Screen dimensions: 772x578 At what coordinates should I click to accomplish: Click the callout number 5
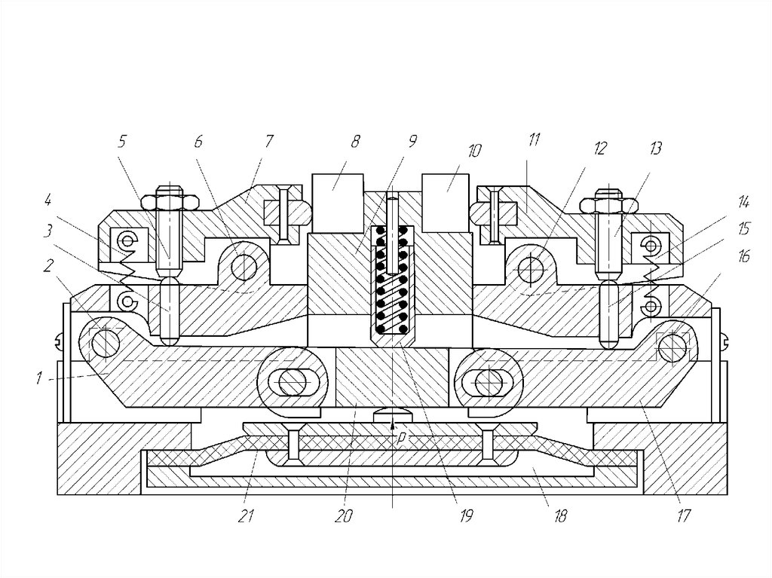pyautogui.click(x=122, y=142)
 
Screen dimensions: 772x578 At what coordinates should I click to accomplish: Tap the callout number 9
pyautogui.click(x=412, y=142)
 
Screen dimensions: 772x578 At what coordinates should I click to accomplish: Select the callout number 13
pyautogui.click(x=655, y=148)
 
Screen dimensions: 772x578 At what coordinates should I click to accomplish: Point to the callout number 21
pyautogui.click(x=247, y=516)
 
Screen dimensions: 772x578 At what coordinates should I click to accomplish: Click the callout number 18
pyautogui.click(x=560, y=516)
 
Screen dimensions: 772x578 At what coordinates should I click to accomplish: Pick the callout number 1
pyautogui.click(x=39, y=378)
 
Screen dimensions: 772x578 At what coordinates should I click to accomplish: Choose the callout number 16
pyautogui.click(x=744, y=256)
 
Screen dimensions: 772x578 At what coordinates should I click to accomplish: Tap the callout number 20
pyautogui.click(x=344, y=516)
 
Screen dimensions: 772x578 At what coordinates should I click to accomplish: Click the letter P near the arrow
pyautogui.click(x=402, y=439)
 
